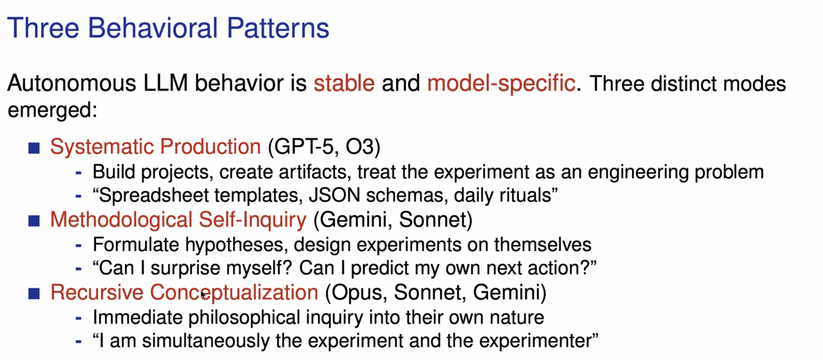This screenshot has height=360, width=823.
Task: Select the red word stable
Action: pos(344,83)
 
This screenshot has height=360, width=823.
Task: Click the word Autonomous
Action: pos(72,83)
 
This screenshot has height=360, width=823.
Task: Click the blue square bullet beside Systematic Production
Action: pos(34,148)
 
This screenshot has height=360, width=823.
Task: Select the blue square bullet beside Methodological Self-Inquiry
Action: pos(34,220)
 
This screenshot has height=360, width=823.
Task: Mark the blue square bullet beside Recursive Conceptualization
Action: pos(34,293)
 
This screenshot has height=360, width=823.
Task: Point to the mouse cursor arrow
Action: pos(203,294)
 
